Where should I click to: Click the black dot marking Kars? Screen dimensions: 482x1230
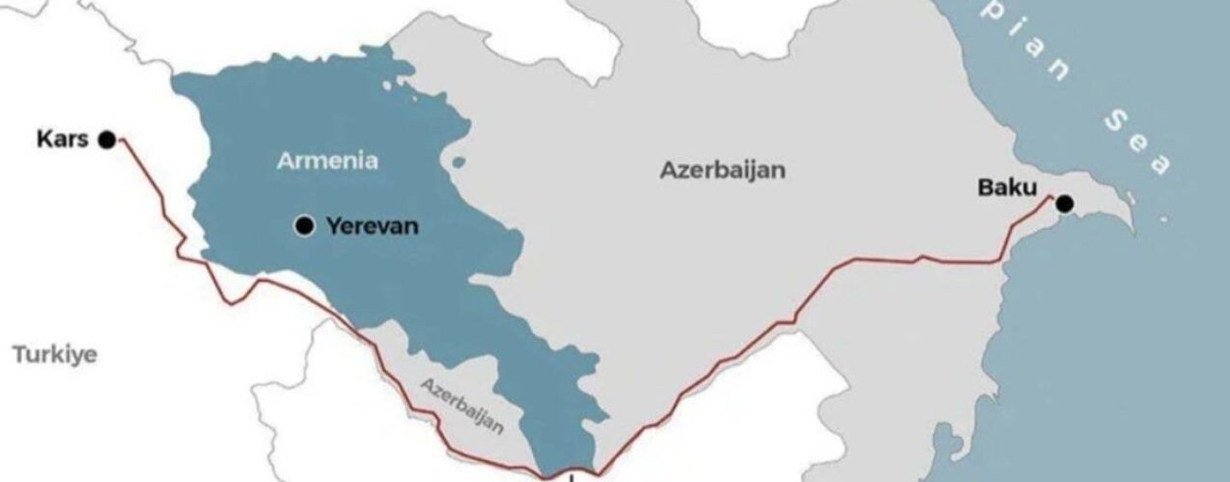click(x=107, y=139)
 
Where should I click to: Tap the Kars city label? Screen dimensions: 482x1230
click(x=62, y=139)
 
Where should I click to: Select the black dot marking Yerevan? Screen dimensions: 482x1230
click(x=304, y=226)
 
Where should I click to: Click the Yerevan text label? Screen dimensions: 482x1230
click(x=372, y=226)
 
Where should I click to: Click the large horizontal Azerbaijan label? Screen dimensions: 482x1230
click(x=722, y=170)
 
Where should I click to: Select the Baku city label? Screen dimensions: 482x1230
click(x=1008, y=187)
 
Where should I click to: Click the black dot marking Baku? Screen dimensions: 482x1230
click(x=1064, y=204)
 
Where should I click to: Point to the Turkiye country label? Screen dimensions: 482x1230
click(x=56, y=356)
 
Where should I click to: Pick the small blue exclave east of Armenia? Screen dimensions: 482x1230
click(x=459, y=162)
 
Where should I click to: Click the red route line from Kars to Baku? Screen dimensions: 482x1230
click(x=854, y=261)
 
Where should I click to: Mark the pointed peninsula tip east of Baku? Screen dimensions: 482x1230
click(x=1133, y=229)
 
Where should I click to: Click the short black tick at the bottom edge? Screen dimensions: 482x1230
click(x=571, y=477)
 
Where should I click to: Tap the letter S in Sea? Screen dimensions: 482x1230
click(x=1115, y=120)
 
